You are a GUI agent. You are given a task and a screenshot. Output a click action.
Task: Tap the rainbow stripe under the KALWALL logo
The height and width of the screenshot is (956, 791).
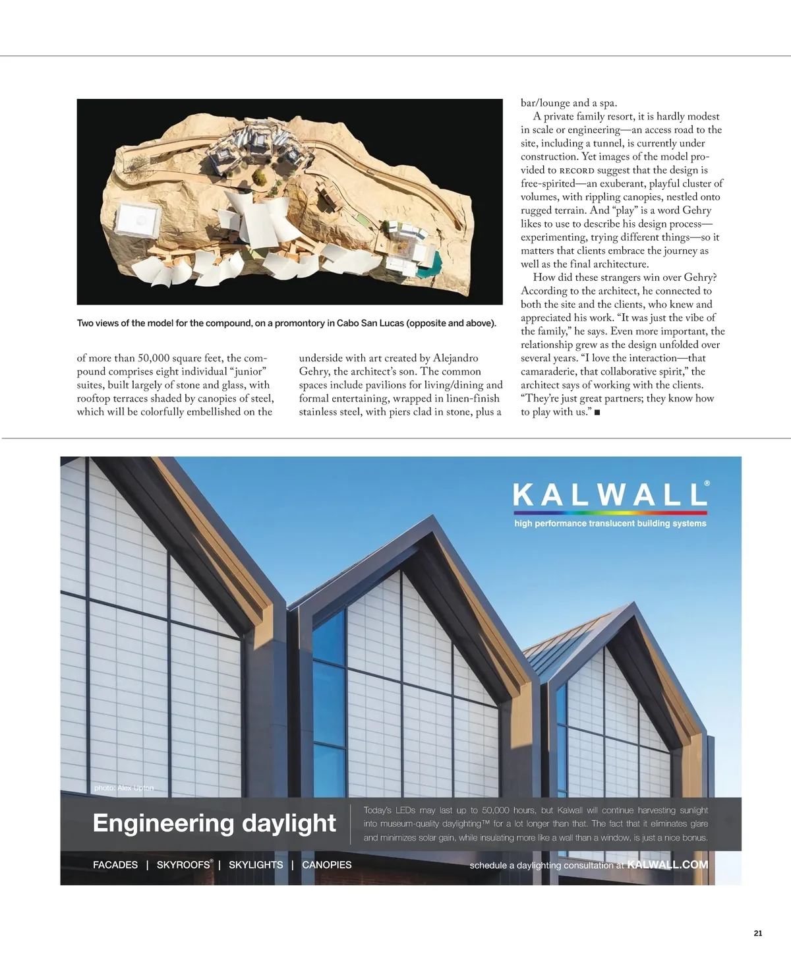point(610,512)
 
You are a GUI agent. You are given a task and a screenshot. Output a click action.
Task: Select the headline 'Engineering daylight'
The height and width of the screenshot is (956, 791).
point(214,823)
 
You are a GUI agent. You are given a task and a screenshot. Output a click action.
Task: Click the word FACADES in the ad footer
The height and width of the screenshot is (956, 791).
point(115,865)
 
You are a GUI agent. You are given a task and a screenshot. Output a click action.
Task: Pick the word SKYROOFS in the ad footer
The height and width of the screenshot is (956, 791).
point(184,865)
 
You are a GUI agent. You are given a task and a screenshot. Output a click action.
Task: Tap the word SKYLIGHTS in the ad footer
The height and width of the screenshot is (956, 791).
point(256,865)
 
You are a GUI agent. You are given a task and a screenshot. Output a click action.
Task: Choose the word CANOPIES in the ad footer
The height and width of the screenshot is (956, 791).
point(327,865)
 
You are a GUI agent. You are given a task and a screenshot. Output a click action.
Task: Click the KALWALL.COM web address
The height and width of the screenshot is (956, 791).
point(668,864)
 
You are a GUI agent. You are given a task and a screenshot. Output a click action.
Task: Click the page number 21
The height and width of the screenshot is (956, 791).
point(758,933)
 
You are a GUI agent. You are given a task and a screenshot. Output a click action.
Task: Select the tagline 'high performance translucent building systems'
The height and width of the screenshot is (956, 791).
point(610,523)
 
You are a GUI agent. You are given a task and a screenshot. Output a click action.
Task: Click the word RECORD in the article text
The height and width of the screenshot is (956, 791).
point(577,171)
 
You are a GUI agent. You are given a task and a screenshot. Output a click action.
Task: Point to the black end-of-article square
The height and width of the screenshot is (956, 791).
point(597,413)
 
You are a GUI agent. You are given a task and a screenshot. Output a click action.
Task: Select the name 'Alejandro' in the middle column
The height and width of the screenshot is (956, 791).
point(455,358)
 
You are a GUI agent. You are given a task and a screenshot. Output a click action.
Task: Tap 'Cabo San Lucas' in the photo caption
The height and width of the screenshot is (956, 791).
point(370,323)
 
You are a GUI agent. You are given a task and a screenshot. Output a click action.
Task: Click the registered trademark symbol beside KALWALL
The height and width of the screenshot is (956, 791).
point(707,483)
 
